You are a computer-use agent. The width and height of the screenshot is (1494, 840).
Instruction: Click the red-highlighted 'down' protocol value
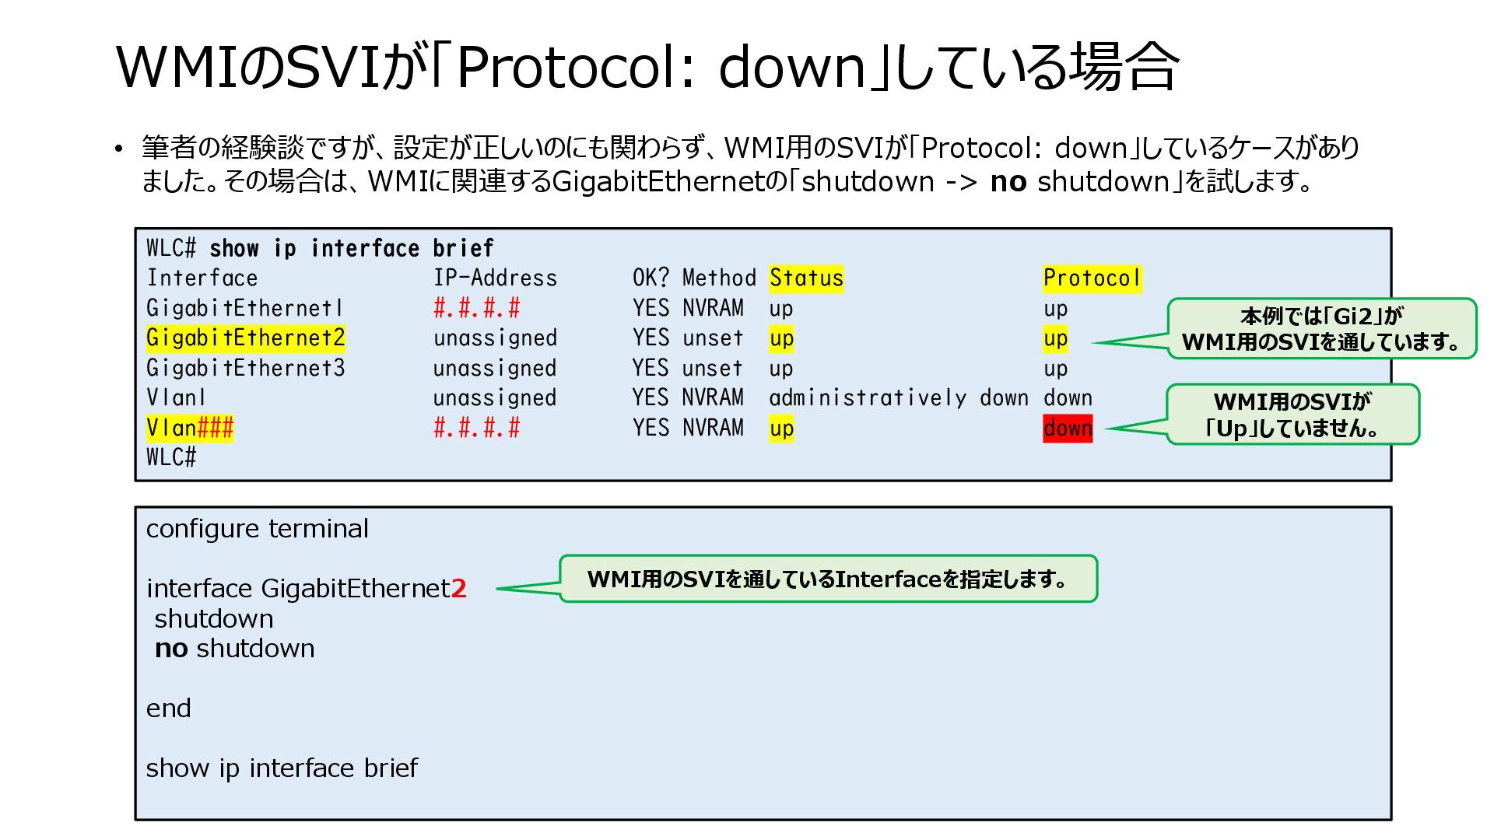(x=1068, y=428)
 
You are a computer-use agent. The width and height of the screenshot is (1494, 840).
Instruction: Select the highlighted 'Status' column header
(x=806, y=278)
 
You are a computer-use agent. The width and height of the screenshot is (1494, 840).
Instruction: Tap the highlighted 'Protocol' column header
(x=1092, y=278)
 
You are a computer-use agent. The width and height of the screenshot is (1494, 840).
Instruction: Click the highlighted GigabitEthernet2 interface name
(x=245, y=338)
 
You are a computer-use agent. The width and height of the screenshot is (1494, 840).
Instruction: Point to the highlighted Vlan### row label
(x=190, y=428)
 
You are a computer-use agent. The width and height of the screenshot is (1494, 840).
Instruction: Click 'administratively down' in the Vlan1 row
(x=898, y=398)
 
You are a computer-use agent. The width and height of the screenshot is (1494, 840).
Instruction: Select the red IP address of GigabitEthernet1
(x=476, y=308)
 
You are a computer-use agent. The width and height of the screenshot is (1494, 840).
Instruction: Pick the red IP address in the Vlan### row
(x=476, y=428)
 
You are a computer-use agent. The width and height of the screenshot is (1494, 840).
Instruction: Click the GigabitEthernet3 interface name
(x=245, y=368)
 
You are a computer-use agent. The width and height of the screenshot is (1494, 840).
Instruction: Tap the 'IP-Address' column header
(x=495, y=278)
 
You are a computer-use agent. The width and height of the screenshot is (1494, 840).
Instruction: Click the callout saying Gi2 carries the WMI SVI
(x=1321, y=328)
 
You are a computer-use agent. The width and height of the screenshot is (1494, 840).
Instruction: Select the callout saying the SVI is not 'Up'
(x=1292, y=415)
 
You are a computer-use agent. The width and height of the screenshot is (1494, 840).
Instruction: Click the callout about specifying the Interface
(x=828, y=579)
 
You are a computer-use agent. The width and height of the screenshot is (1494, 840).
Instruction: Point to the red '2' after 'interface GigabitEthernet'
(x=459, y=589)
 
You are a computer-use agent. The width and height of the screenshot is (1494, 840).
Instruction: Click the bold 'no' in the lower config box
(x=171, y=649)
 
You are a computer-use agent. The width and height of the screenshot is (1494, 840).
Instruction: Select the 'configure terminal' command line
(x=257, y=529)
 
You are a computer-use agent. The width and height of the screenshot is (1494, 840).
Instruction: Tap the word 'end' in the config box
(x=168, y=709)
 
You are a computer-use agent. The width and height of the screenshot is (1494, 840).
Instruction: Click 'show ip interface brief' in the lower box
(x=282, y=768)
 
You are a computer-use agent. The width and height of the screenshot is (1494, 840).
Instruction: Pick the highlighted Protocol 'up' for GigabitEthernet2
(x=1055, y=338)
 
